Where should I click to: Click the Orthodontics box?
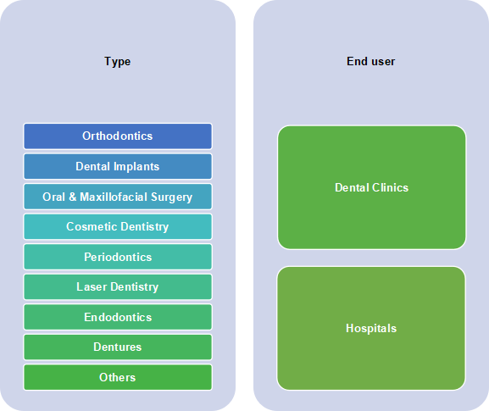tap(118, 136)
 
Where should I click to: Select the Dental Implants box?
tap(118, 167)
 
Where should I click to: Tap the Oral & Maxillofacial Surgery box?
tap(118, 197)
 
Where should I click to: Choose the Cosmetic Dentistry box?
tap(118, 227)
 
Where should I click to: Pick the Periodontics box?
tap(118, 257)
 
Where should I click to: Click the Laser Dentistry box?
tap(118, 287)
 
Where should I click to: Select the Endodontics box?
tap(118, 317)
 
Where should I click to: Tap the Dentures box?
tap(118, 347)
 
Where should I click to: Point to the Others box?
tap(118, 377)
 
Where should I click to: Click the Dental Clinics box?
tap(371, 187)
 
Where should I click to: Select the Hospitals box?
tap(371, 328)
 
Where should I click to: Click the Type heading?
tap(117, 62)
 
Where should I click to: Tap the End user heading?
tap(371, 61)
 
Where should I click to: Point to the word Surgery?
tap(171, 197)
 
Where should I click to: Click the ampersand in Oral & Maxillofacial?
tap(72, 197)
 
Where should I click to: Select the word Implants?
tap(136, 167)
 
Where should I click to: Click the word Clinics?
tap(390, 188)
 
